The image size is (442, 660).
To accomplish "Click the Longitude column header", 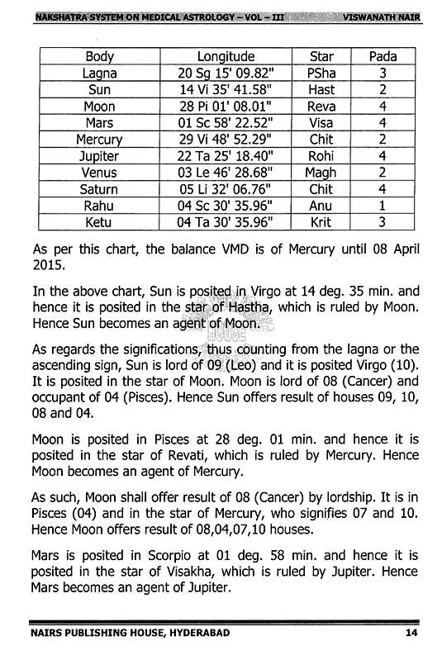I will point(226,57).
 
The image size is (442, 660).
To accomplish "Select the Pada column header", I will point(383,57).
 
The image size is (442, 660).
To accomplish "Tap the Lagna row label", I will point(99,74).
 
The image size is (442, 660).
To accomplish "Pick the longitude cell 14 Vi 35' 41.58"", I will point(226,90).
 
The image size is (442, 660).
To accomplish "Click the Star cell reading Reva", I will point(321,107).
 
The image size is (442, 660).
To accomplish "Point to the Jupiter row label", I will point(99,156).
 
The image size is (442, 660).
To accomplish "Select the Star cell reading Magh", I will point(321,173).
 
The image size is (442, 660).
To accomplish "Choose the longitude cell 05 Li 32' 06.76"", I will point(226,189).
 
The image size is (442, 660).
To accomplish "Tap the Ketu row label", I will point(99,222).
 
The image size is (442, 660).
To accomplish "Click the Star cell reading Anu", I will point(321,206).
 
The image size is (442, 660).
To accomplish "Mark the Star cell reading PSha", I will point(321,74).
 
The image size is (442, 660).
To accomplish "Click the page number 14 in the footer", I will point(411,634).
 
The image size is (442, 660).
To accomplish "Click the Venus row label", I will point(99,173).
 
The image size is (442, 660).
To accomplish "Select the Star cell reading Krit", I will point(321,222).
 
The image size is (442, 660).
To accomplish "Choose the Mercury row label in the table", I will point(99,140).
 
